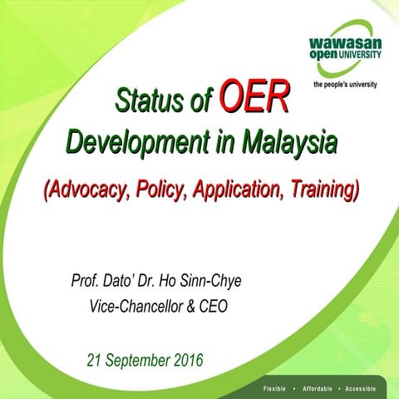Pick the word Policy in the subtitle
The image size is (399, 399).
click(161, 190)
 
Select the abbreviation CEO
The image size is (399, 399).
click(214, 306)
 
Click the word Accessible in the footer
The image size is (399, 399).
click(366, 388)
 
